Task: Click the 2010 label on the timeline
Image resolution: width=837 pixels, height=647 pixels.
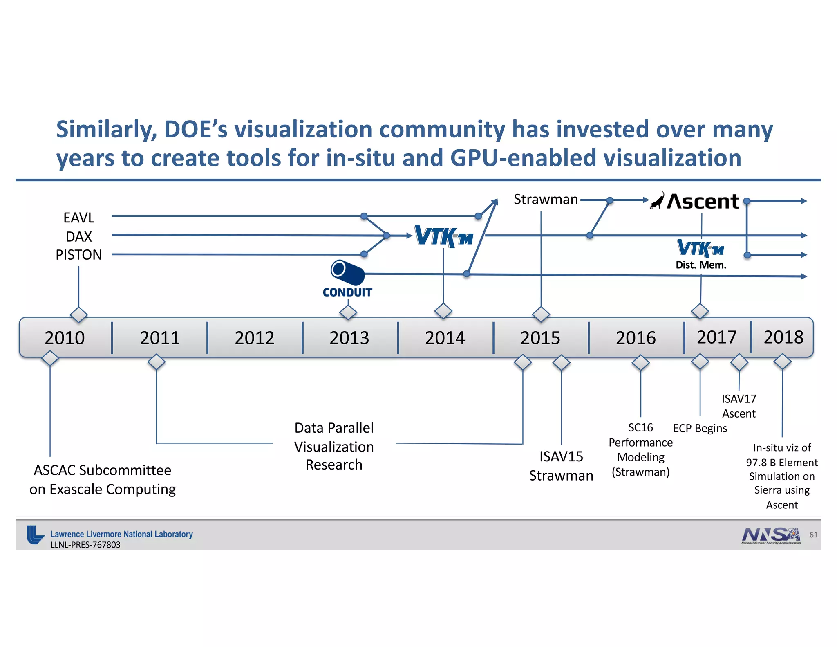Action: click(65, 338)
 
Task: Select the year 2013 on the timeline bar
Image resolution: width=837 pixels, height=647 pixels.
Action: click(349, 338)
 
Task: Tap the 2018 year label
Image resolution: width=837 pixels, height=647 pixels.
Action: click(783, 337)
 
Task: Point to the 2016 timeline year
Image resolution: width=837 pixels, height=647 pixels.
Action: click(636, 338)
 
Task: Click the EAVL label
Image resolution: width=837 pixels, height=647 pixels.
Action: click(79, 218)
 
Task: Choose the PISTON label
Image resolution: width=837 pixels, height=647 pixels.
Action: click(79, 255)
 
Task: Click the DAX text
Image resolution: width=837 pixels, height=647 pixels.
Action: click(79, 236)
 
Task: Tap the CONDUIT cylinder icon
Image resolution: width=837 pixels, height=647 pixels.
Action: click(347, 272)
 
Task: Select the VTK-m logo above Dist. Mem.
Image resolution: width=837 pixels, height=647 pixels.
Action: click(700, 248)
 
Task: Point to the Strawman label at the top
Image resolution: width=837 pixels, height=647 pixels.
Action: click(546, 199)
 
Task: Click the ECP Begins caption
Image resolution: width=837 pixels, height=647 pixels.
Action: click(700, 428)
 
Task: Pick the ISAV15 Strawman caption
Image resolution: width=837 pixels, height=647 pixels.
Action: click(561, 466)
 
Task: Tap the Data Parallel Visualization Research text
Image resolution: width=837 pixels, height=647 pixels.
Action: click(334, 446)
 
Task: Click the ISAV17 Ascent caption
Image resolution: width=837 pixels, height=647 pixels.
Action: click(739, 406)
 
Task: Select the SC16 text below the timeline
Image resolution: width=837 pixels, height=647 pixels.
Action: click(640, 427)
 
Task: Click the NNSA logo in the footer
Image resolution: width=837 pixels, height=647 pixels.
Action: click(771, 535)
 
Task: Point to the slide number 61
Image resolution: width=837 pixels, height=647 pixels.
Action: click(813, 535)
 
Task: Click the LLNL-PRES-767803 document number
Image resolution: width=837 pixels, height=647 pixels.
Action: click(85, 545)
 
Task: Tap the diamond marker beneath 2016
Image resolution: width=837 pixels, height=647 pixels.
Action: click(640, 362)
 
